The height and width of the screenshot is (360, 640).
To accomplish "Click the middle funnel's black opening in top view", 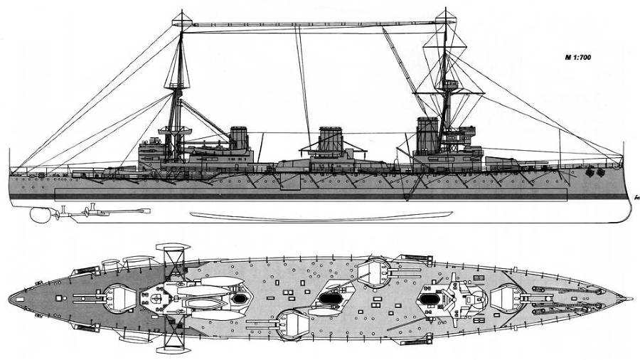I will click(329, 298).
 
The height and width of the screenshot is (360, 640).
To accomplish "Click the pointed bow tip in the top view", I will click(629, 298).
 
